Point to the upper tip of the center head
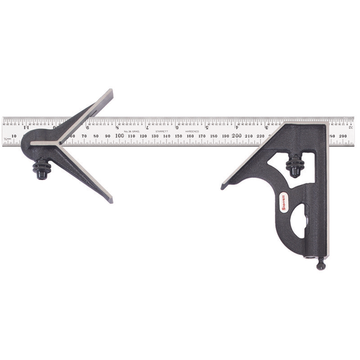pos(111,92)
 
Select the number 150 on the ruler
pos(178,135)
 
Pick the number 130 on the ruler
pos(154,135)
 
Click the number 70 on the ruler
pos(84,135)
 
